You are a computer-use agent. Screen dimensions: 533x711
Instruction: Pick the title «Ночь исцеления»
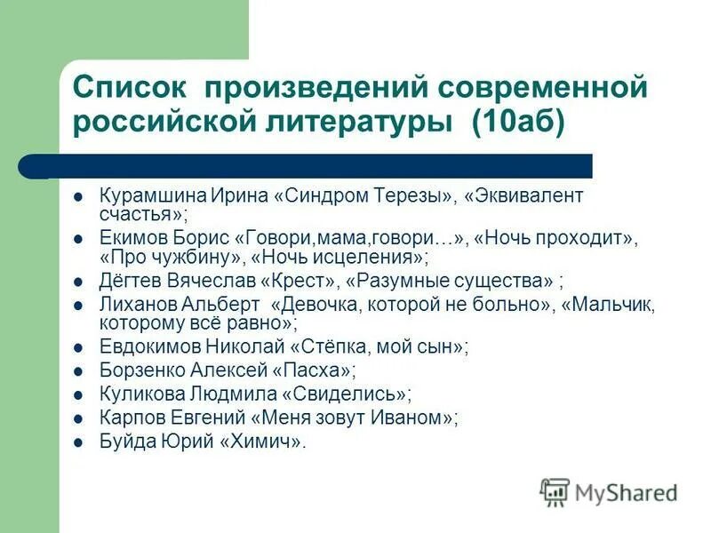[x=339, y=259]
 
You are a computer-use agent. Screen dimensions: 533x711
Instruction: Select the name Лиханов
[x=133, y=305]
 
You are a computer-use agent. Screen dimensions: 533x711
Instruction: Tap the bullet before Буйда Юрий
[x=79, y=441]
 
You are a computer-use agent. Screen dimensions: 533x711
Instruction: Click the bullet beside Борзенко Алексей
[x=79, y=370]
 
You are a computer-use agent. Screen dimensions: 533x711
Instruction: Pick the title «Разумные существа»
[x=448, y=282]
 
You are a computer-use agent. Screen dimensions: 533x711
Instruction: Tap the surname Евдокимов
[x=140, y=348]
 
